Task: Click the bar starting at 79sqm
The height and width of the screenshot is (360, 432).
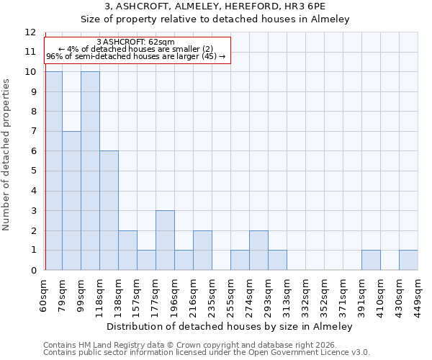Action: coord(71,201)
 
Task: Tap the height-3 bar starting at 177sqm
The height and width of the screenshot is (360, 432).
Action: coord(165,240)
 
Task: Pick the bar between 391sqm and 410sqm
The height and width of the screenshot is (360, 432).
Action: coord(371,260)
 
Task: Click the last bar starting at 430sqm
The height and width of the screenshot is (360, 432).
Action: coord(408,260)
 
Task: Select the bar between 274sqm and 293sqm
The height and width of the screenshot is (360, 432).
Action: coord(258,251)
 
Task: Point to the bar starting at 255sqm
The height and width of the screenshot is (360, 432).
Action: coord(240,260)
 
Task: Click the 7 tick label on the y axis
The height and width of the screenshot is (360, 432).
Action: coord(33,132)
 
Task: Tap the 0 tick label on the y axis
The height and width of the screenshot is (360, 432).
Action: coord(33,271)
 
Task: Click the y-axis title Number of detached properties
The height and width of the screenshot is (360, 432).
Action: coord(7,155)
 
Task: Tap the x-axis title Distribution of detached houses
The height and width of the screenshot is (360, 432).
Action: coord(230,327)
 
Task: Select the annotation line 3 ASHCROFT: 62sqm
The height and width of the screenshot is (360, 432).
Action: coord(135,42)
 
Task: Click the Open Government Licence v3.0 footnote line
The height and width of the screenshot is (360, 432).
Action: coord(207,352)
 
